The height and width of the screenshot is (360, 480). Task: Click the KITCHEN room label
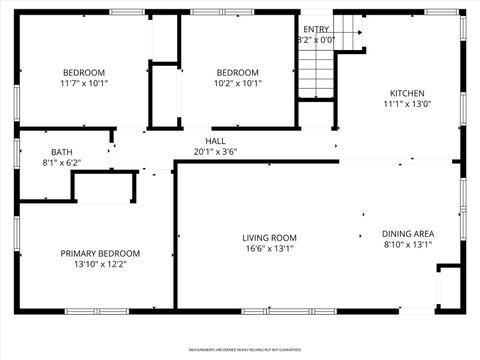click(406, 92)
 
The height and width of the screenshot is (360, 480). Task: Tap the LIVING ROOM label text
click(269, 238)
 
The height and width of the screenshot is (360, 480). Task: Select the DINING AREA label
click(407, 232)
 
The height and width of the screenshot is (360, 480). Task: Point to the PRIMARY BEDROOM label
click(100, 254)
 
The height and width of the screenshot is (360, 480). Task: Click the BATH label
click(60, 150)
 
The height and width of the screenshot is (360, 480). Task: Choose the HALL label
click(215, 141)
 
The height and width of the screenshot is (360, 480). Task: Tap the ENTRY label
click(316, 29)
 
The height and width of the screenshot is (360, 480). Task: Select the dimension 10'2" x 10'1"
click(238, 84)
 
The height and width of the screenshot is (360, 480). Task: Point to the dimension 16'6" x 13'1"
click(269, 250)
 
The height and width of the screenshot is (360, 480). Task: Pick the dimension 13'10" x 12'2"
click(100, 265)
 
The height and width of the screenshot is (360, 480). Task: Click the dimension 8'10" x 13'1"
click(407, 244)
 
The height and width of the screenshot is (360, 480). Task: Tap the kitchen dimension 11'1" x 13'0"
click(406, 104)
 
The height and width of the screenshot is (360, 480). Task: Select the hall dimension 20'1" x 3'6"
click(215, 153)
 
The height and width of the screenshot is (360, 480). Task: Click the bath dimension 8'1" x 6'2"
click(60, 162)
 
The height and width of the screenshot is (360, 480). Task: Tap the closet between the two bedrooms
click(163, 95)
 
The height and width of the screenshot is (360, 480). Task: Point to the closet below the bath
click(104, 187)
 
